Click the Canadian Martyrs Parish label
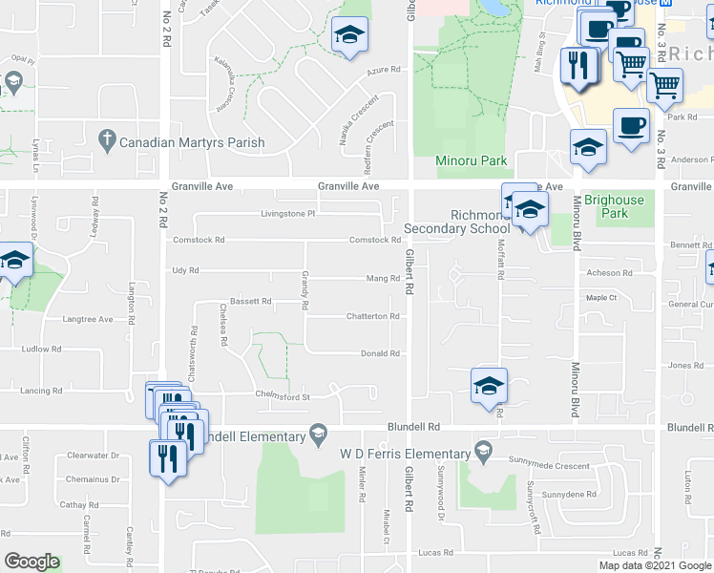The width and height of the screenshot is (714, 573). pos(192,143)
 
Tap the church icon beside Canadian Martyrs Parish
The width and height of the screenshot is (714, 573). pos(107,143)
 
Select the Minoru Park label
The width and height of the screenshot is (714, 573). pos(472,160)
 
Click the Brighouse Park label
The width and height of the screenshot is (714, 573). pos(615,206)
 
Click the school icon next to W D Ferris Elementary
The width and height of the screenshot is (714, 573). pos(483,450)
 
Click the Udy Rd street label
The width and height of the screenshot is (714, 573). pos(185,271)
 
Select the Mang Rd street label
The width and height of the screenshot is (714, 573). pos(383,279)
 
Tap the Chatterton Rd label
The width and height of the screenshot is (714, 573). pos(372,316)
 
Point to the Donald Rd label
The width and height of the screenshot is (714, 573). pos(380,353)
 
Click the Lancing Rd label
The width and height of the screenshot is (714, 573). pos(42,391)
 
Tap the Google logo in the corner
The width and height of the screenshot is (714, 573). pos(31,562)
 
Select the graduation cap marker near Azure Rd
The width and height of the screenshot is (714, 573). pos(349,36)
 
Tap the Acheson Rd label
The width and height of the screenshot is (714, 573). pos(611,273)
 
